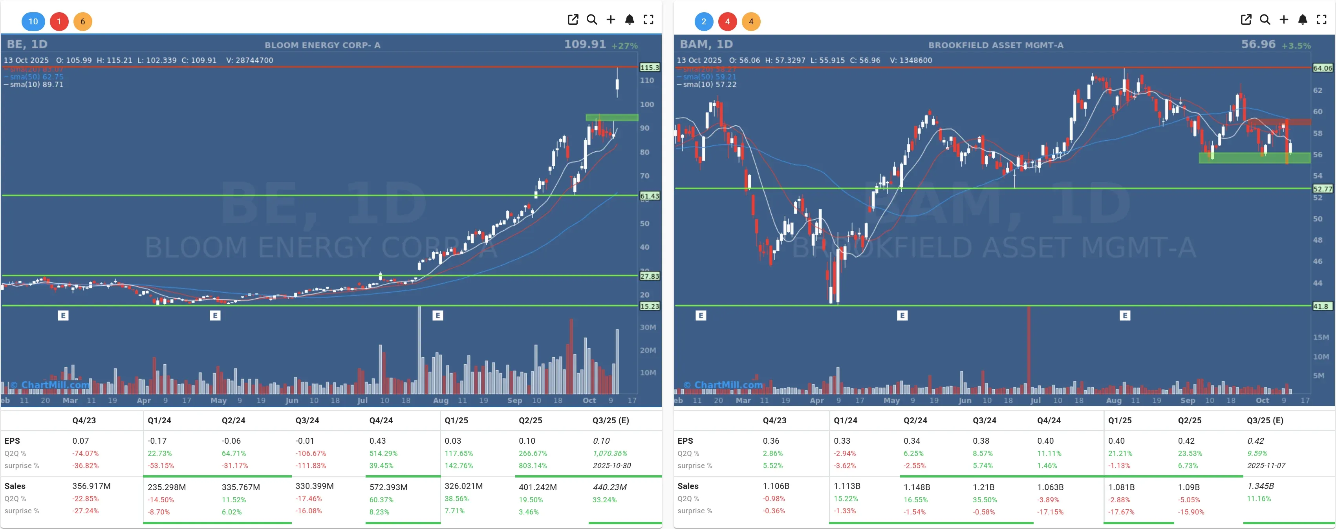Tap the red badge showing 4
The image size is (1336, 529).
coord(727,21)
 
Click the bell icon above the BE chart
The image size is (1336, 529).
coord(630,20)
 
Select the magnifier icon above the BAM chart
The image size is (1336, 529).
coord(1265,20)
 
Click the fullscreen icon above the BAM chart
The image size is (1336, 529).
coord(1321,20)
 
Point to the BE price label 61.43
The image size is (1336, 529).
coord(649,196)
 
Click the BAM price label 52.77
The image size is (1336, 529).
coord(1322,189)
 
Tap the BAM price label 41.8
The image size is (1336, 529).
coord(1321,306)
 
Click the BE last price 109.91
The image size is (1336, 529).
coord(584,45)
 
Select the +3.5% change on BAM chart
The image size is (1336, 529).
coord(1296,46)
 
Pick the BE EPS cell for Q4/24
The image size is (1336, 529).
coord(377,441)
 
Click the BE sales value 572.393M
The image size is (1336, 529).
coord(388,487)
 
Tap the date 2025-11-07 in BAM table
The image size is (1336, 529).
coord(1266,466)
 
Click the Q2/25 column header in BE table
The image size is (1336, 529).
coord(530,421)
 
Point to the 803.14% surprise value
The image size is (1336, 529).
coord(533,466)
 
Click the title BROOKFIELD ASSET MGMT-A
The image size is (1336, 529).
coord(995,45)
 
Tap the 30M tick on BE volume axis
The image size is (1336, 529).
coord(648,327)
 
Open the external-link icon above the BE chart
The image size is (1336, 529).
coord(573,20)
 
